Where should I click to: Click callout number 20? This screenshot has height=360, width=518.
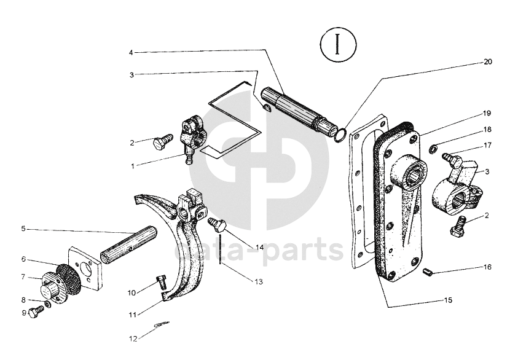(488, 62)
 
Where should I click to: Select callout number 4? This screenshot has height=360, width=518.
(131, 52)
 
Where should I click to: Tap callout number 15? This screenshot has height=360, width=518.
(448, 300)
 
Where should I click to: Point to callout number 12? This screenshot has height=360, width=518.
(133, 339)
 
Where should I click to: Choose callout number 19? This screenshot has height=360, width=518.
(487, 113)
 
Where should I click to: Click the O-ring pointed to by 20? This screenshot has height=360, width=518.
(340, 135)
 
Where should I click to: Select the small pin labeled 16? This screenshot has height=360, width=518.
(428, 272)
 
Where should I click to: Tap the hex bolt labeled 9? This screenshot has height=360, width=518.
(36, 312)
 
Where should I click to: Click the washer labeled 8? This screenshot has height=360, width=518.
(47, 303)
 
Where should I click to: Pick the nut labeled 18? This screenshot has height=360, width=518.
(433, 149)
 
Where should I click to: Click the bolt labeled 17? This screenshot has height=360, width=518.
(452, 159)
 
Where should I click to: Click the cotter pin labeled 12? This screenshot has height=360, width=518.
(162, 324)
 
